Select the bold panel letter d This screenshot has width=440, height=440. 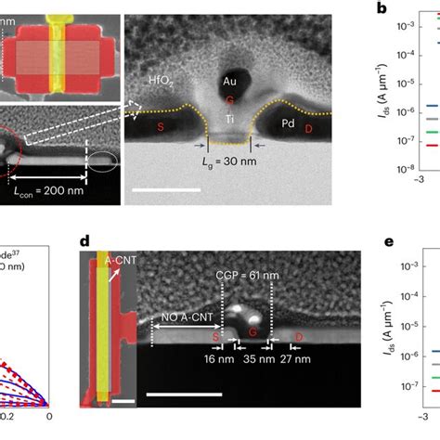coord(84,243)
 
